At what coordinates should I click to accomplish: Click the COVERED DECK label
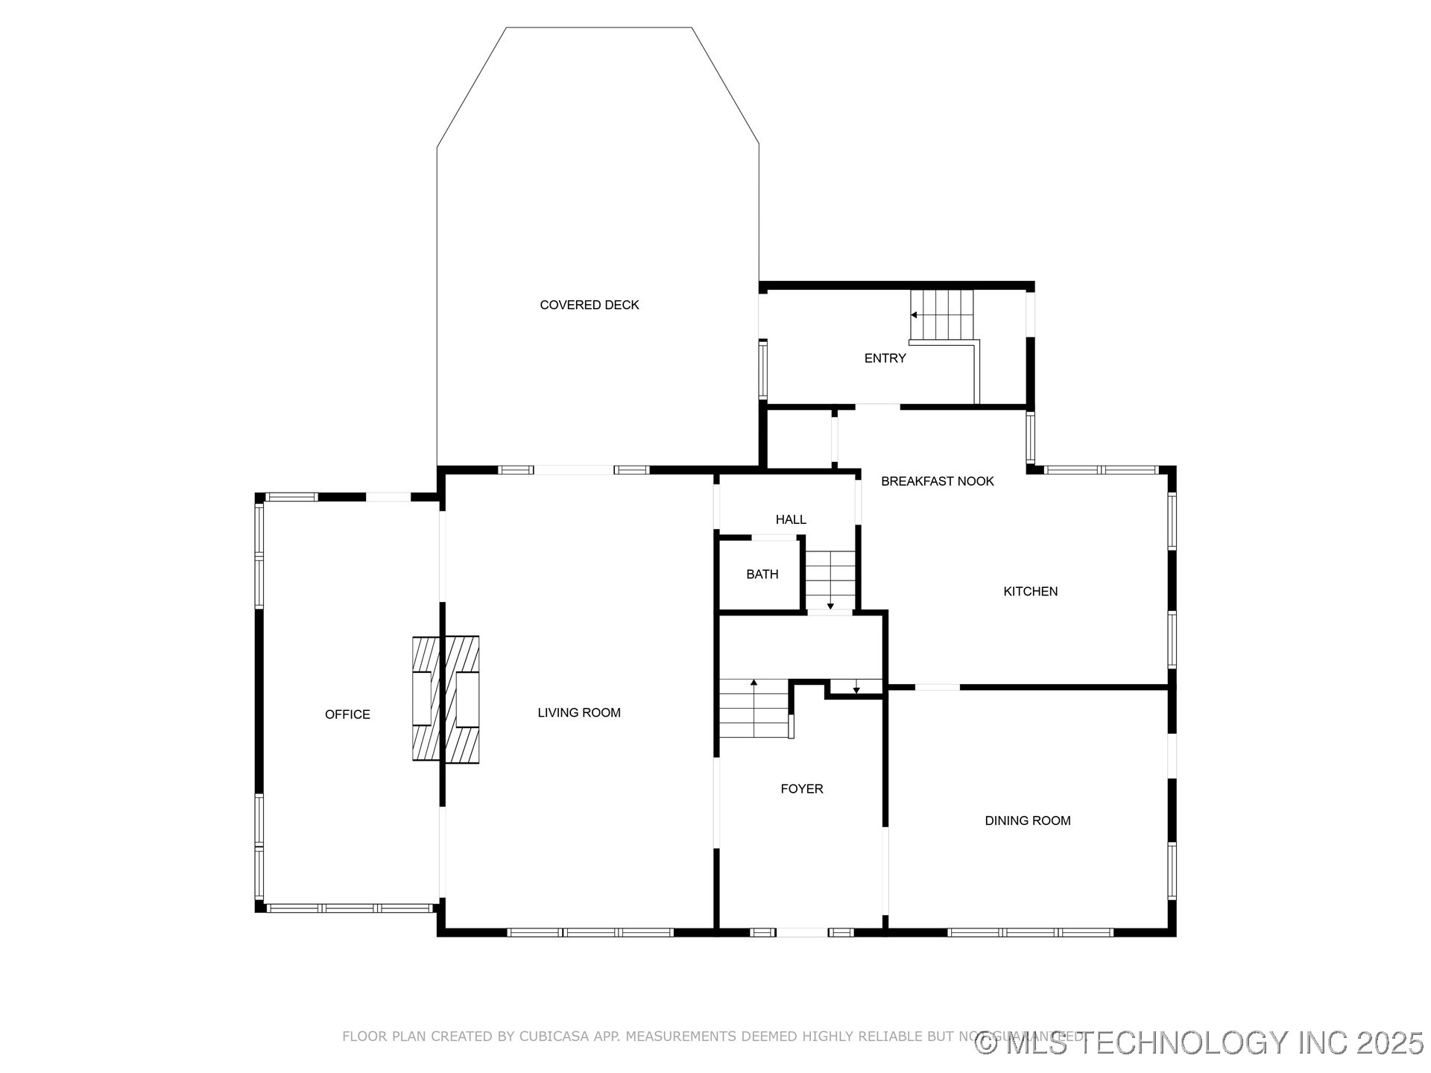click(589, 305)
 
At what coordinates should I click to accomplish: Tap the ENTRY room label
click(885, 358)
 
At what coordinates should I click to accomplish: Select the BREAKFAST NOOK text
click(937, 481)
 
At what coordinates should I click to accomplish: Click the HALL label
click(790, 519)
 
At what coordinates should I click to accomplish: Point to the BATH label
click(762, 575)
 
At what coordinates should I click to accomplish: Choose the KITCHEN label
click(1030, 592)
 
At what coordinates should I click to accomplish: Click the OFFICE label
click(347, 715)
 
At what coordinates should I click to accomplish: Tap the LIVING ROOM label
click(579, 713)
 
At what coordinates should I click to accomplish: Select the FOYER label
click(801, 789)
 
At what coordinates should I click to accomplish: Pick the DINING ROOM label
click(1027, 821)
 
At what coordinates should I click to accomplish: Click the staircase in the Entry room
click(943, 314)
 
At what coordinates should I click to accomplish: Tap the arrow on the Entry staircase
click(914, 315)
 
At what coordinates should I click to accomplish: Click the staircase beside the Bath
click(830, 580)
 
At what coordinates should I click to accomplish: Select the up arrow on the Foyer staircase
click(754, 683)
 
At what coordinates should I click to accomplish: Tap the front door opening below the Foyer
click(801, 932)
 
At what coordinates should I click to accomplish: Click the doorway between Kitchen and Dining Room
click(937, 687)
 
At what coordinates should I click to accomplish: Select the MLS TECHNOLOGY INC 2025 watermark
click(1199, 1042)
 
